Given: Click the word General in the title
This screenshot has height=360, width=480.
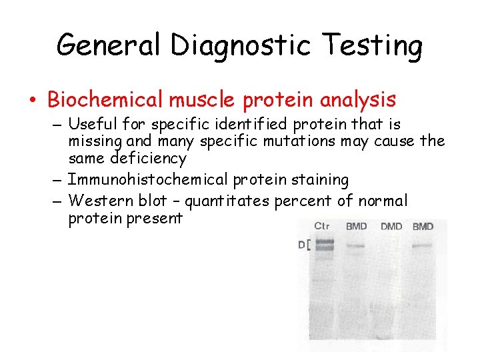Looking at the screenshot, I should click(109, 45).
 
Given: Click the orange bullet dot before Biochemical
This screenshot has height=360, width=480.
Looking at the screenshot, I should click(33, 101).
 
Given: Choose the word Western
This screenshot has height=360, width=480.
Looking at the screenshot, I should click(99, 201).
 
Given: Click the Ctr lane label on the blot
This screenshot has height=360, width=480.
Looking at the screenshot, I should click(321, 226).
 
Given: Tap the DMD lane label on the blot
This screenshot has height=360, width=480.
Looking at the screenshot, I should click(391, 227).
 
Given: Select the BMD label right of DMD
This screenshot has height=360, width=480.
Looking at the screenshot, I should click(423, 227).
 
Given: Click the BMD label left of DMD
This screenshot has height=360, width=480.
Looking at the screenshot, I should click(356, 227).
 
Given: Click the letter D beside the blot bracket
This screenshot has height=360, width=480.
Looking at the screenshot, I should click(301, 245).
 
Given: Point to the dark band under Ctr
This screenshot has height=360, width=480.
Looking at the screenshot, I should click(325, 246).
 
